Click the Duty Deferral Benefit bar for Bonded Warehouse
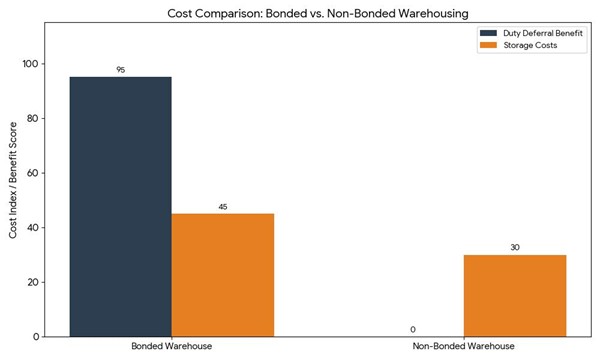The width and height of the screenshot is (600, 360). (x=120, y=206)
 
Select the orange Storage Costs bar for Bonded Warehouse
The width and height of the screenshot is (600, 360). (x=222, y=274)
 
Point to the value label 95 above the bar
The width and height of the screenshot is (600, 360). (x=120, y=69)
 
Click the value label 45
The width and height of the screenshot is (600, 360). (x=222, y=207)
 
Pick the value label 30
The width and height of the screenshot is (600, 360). (x=514, y=247)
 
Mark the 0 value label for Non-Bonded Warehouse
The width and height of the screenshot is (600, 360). (x=412, y=329)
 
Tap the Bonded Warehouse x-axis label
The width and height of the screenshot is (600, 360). (x=171, y=346)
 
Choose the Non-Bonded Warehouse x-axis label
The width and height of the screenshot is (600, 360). (x=463, y=346)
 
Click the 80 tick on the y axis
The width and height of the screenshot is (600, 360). (x=33, y=118)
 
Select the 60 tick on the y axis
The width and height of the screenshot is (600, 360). (x=33, y=173)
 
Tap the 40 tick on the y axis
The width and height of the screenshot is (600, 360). (x=33, y=227)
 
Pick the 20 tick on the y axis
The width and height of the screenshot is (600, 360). (x=33, y=282)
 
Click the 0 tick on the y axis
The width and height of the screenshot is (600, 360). (x=36, y=336)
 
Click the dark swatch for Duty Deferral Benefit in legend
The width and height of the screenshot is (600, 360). (x=491, y=33)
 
